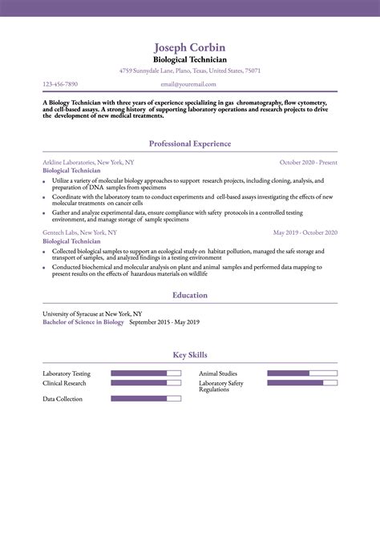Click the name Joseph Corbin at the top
tap(189, 47)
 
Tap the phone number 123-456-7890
tap(60, 83)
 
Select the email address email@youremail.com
tap(189, 83)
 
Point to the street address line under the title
tap(189, 71)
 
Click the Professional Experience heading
tap(189, 143)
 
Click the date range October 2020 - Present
tap(309, 162)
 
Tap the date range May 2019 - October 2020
tap(305, 232)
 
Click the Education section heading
tap(189, 295)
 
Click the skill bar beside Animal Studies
tap(301, 373)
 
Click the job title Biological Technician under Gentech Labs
tap(71, 240)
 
